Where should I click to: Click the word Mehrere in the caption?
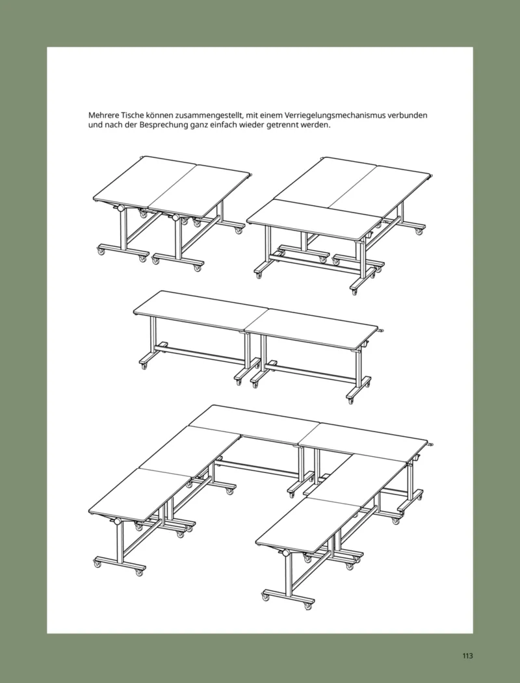(104, 115)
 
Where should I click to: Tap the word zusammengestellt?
(211, 115)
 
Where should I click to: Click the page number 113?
(467, 656)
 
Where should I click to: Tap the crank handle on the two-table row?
(381, 331)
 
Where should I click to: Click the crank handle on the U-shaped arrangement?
(432, 445)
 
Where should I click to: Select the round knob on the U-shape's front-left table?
(118, 522)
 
